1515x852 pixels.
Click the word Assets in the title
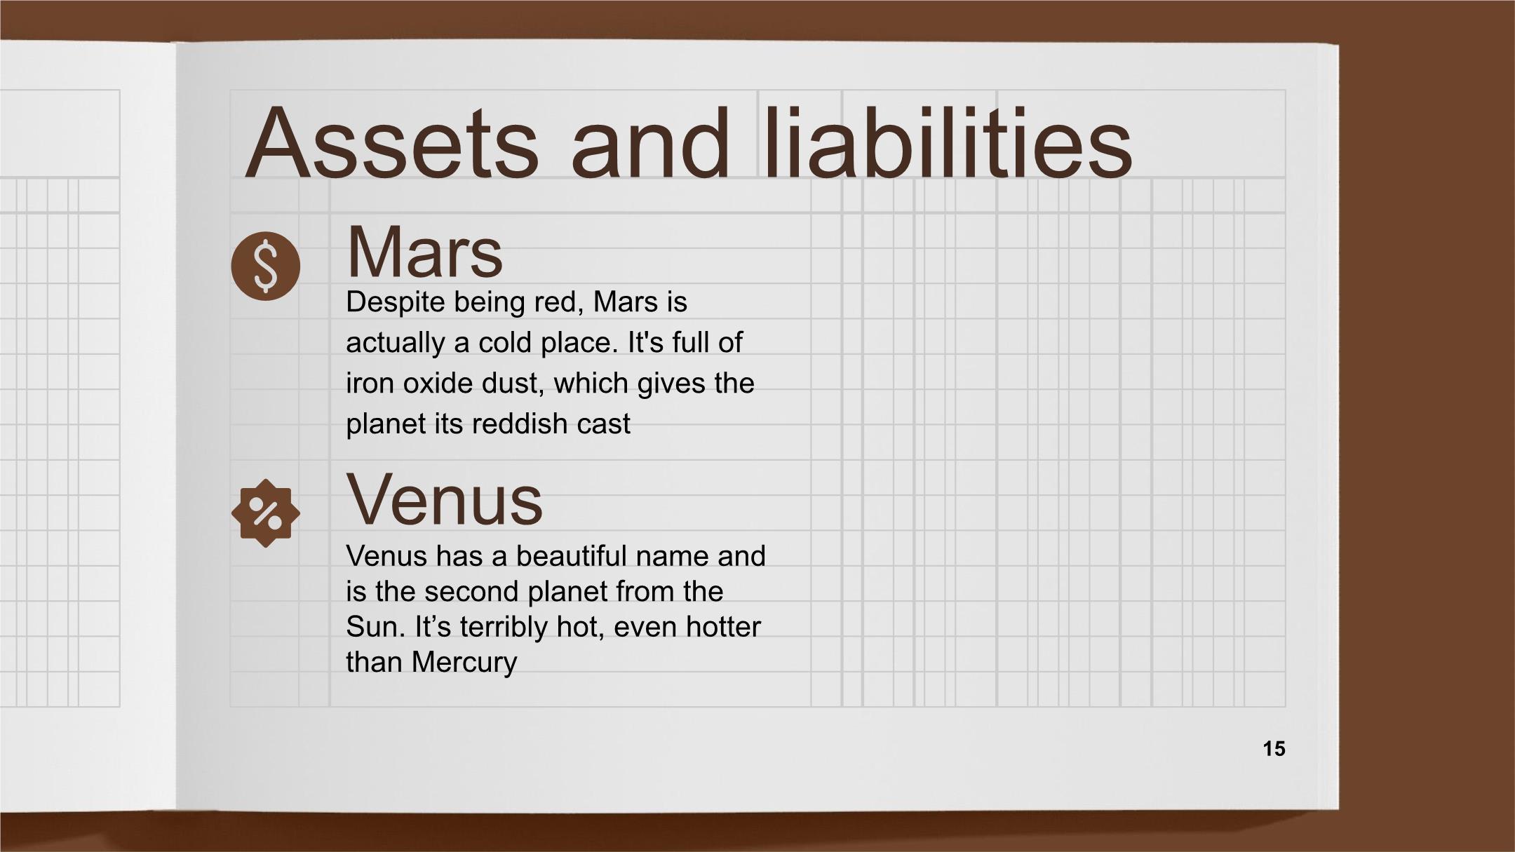click(x=392, y=142)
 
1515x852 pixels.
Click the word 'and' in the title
click(x=651, y=142)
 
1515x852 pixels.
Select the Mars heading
click(x=424, y=252)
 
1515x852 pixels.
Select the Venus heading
click(x=445, y=500)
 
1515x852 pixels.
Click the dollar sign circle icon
click(x=265, y=266)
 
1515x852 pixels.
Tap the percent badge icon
click(x=265, y=513)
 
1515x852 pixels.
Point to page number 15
click(x=1274, y=749)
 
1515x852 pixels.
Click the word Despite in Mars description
click(x=396, y=303)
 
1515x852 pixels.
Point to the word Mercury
click(x=464, y=663)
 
